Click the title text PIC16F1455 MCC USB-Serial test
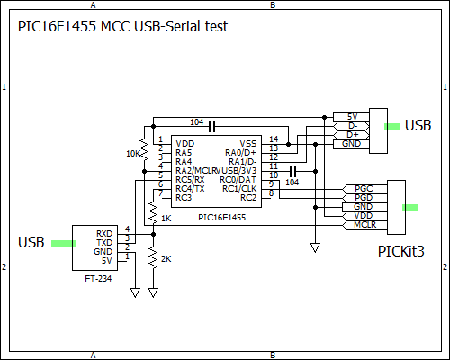point(122,27)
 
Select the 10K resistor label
point(133,154)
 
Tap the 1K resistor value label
point(166,219)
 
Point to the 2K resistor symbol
point(153,261)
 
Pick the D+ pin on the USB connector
point(352,135)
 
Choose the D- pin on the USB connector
point(352,126)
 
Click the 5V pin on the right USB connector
point(352,117)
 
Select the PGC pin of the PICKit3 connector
point(363,189)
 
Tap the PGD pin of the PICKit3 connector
point(363,198)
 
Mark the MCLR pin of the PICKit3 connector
point(364,225)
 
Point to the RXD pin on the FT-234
point(104,233)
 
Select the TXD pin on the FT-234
point(104,242)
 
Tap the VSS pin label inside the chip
point(248,143)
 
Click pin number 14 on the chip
point(273,139)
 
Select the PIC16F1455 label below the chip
point(221,218)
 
